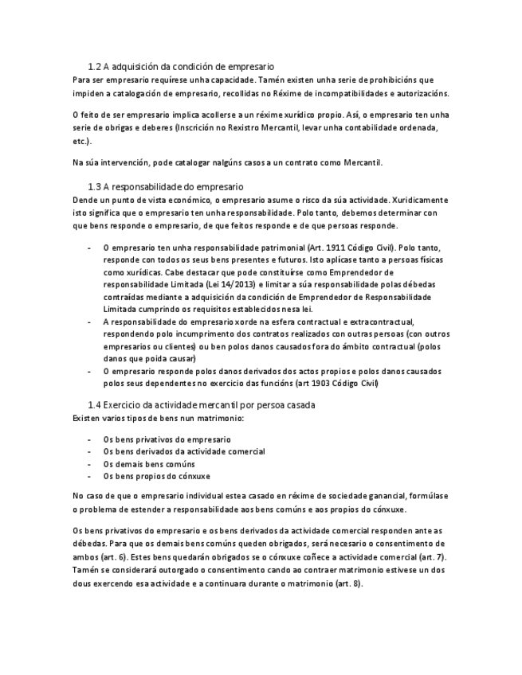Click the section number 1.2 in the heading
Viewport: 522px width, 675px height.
tap(94, 67)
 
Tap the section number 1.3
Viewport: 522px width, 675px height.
tap(94, 186)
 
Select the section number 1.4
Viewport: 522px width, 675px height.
tap(94, 405)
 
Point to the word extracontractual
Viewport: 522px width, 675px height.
tap(371, 322)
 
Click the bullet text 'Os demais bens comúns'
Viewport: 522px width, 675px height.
tap(149, 464)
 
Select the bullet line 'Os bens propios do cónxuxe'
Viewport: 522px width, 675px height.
tap(157, 476)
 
